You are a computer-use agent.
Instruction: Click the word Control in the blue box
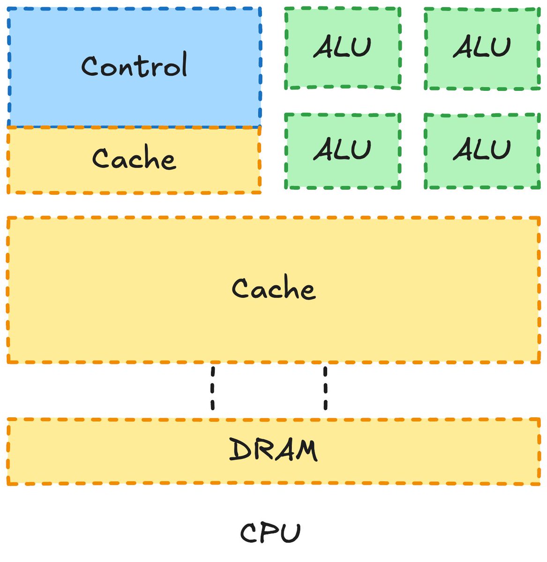pyautogui.click(x=134, y=65)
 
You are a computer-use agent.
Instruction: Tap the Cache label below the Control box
pyautogui.click(x=134, y=157)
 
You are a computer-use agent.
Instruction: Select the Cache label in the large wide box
pyautogui.click(x=274, y=287)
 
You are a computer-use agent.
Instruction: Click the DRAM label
pyautogui.click(x=273, y=450)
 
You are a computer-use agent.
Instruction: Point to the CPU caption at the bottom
pyautogui.click(x=270, y=532)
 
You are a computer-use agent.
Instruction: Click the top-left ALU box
pyautogui.click(x=343, y=48)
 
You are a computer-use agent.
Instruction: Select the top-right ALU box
pyautogui.click(x=482, y=48)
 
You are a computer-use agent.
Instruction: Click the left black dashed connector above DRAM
pyautogui.click(x=213, y=388)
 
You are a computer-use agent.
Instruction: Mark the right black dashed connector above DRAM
pyautogui.click(x=326, y=388)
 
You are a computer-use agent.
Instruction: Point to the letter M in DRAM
pyautogui.click(x=306, y=451)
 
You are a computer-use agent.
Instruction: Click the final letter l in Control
pyautogui.click(x=184, y=64)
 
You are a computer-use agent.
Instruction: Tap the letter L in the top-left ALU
pyautogui.click(x=341, y=46)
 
